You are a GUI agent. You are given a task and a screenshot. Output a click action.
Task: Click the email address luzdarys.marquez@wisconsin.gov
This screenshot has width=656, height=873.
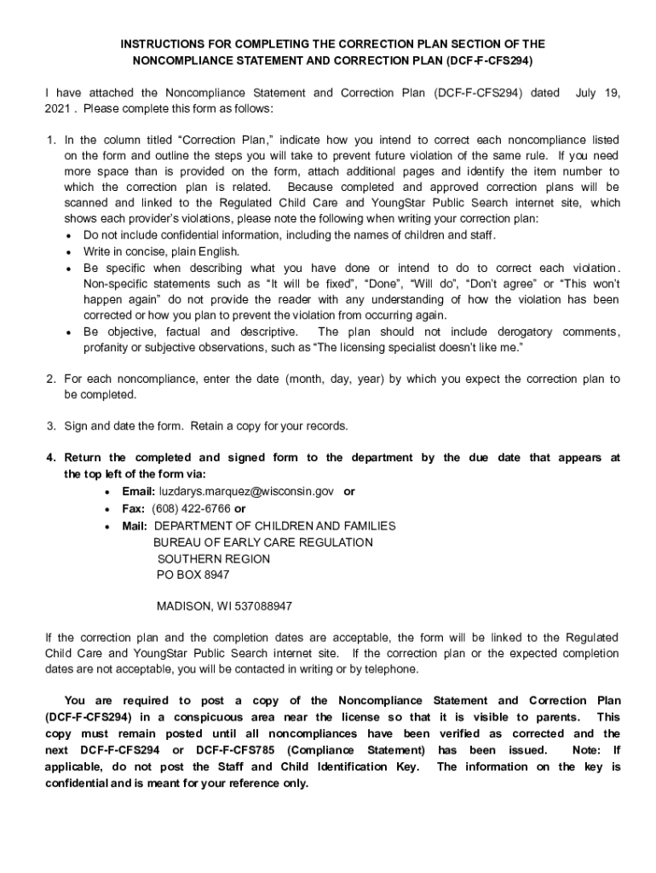(248, 492)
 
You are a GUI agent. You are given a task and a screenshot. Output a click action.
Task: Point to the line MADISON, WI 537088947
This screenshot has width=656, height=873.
(224, 607)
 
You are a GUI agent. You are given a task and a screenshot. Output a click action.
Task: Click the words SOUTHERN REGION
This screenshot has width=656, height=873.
(213, 559)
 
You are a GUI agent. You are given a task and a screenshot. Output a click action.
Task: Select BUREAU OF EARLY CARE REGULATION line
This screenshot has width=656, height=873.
(262, 542)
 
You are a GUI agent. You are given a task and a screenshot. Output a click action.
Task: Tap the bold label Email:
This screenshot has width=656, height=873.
(139, 492)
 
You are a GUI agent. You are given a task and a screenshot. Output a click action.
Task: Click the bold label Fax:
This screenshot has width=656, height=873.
(134, 509)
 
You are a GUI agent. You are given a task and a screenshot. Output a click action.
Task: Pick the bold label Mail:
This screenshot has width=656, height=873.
(135, 526)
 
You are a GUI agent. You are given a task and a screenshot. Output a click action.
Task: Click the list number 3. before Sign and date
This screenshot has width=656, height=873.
(51, 425)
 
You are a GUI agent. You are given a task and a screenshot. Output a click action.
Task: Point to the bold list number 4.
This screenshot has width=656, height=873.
(51, 458)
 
